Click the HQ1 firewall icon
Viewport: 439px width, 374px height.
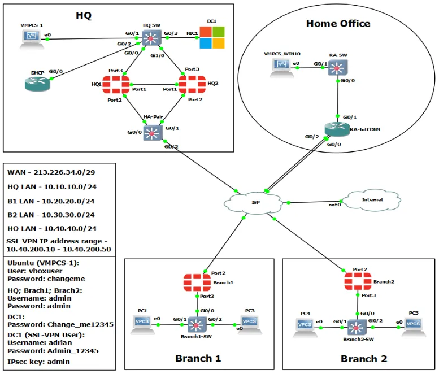click(116, 85)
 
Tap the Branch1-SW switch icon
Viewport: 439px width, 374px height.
click(196, 324)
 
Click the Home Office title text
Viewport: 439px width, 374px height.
click(338, 24)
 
